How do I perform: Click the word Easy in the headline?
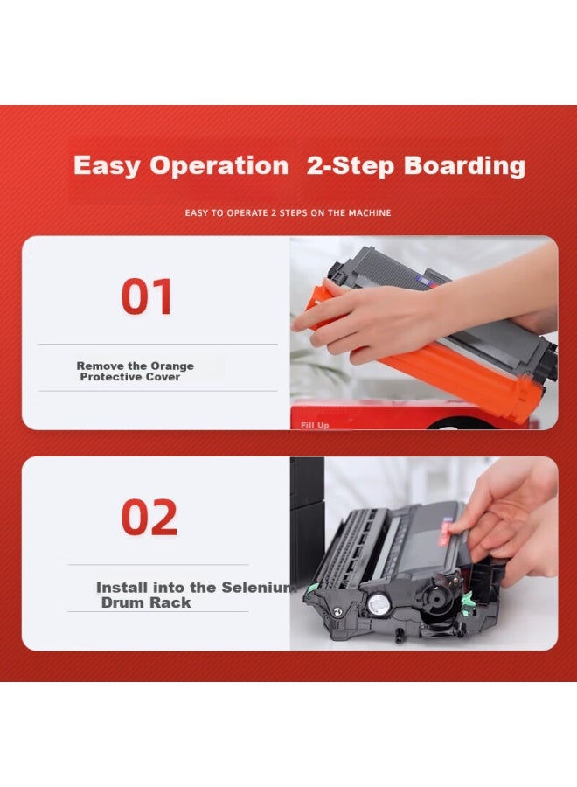click(x=106, y=165)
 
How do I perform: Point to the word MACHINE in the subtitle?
click(x=370, y=212)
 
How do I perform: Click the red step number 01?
click(x=147, y=296)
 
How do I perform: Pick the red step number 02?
click(x=149, y=518)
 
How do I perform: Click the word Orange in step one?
click(x=171, y=366)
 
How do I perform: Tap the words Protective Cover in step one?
click(x=130, y=377)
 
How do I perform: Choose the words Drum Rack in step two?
click(x=145, y=602)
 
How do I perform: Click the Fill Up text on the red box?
click(x=314, y=425)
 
